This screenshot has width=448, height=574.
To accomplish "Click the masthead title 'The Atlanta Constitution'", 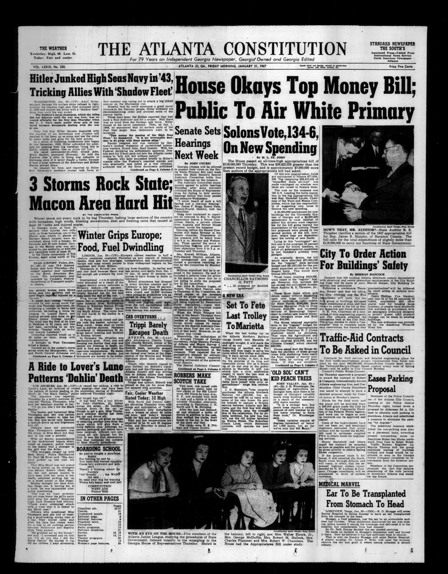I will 222,49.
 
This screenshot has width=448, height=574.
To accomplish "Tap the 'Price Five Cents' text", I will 401,67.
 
